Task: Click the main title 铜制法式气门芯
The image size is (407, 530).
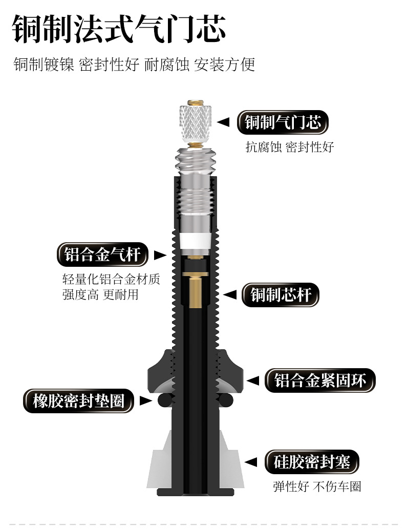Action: (x=119, y=30)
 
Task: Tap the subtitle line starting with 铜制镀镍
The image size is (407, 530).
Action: (x=134, y=65)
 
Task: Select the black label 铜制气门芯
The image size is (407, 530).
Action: (x=283, y=123)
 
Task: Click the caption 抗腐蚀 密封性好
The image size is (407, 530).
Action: (x=290, y=147)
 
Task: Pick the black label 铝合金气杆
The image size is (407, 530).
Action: (x=102, y=255)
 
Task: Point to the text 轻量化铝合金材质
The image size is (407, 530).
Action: (x=111, y=280)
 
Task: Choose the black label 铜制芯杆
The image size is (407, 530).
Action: (x=281, y=295)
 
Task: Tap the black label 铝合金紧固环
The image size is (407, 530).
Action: (x=320, y=380)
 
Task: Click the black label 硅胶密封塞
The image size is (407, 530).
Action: (x=312, y=463)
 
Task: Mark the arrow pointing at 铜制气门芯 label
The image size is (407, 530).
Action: (x=223, y=122)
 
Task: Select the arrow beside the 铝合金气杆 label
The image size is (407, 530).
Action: (x=160, y=255)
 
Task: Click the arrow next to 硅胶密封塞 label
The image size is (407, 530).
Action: (x=251, y=463)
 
